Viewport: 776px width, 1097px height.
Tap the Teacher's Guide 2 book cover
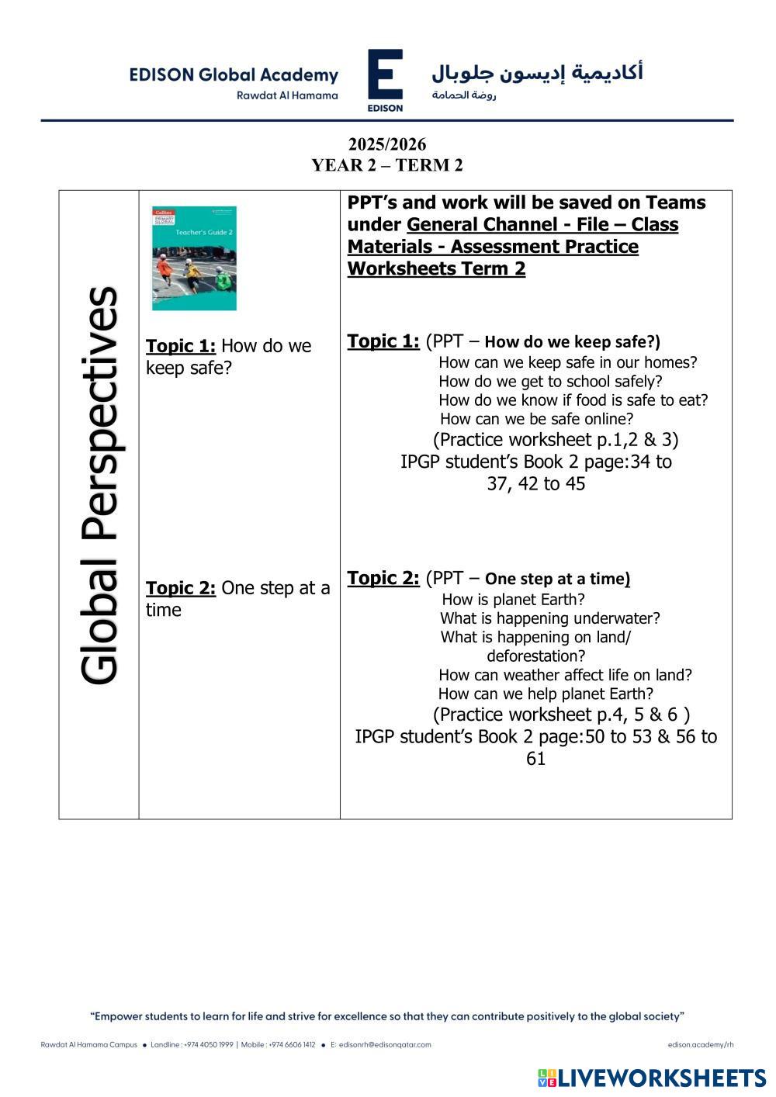[194, 258]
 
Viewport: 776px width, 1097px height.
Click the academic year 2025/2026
[387, 144]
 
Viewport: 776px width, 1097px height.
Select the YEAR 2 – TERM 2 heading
[387, 165]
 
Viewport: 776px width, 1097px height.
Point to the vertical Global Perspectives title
[99, 485]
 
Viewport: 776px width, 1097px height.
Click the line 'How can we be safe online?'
[536, 420]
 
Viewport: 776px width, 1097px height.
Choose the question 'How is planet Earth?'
[513, 600]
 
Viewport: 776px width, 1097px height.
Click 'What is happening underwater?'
[550, 618]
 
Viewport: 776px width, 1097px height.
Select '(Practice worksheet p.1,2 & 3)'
[556, 440]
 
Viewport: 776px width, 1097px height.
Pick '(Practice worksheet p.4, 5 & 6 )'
[561, 715]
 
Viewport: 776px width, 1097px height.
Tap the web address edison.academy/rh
[700, 1045]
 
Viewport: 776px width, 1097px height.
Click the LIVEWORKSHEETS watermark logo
[652, 1078]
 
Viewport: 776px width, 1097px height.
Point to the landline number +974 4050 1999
[209, 1045]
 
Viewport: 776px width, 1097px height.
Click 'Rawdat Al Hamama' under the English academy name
[287, 95]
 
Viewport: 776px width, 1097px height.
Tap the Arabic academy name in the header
[537, 72]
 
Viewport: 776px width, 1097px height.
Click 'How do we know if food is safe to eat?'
[573, 400]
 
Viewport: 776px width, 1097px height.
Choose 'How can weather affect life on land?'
[565, 675]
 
